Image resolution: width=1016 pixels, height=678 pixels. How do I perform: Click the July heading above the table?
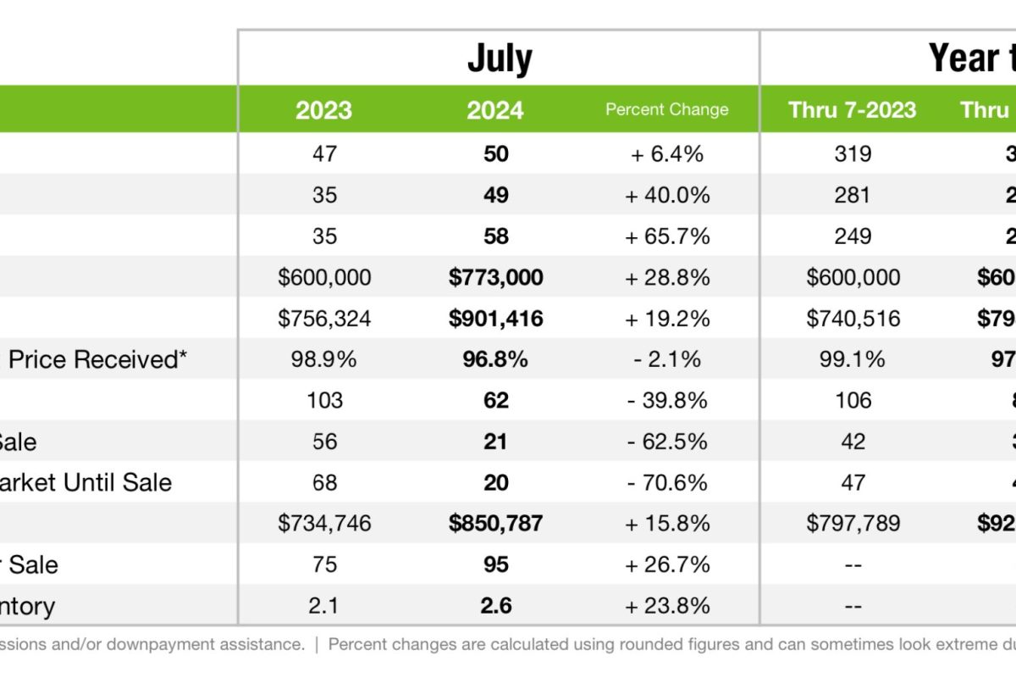(500, 58)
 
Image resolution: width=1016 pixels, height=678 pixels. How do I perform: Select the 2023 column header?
(324, 110)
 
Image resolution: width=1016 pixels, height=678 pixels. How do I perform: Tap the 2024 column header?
(495, 110)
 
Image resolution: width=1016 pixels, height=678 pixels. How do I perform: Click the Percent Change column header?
(666, 109)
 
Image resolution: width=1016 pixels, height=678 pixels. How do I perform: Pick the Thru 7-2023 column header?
(852, 109)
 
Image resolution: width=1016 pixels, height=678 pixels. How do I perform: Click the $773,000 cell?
(495, 277)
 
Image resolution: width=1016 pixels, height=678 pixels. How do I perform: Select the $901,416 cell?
(495, 319)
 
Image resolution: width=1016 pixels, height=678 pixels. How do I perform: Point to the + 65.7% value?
(666, 236)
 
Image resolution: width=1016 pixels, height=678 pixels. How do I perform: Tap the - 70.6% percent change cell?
(666, 483)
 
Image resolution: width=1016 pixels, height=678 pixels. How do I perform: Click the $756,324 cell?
(324, 319)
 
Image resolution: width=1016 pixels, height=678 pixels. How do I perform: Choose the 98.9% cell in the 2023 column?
(324, 359)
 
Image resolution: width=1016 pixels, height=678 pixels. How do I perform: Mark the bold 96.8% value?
(495, 359)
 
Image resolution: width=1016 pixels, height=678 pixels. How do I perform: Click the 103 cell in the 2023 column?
(324, 401)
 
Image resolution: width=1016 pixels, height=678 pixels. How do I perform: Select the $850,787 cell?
(495, 524)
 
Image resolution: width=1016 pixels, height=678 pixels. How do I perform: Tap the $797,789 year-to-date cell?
(852, 524)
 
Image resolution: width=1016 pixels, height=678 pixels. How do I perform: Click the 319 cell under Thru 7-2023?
(852, 154)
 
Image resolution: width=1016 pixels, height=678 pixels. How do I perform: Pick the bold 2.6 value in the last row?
(495, 606)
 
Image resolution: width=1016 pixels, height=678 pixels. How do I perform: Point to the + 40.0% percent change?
(666, 195)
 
